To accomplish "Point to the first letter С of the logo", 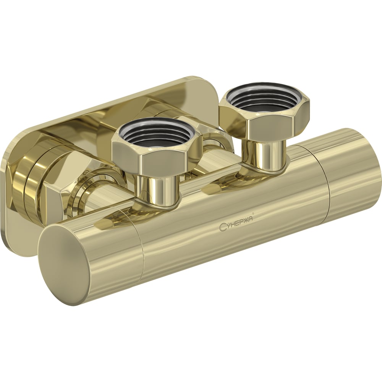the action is pyautogui.click(x=222, y=227).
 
